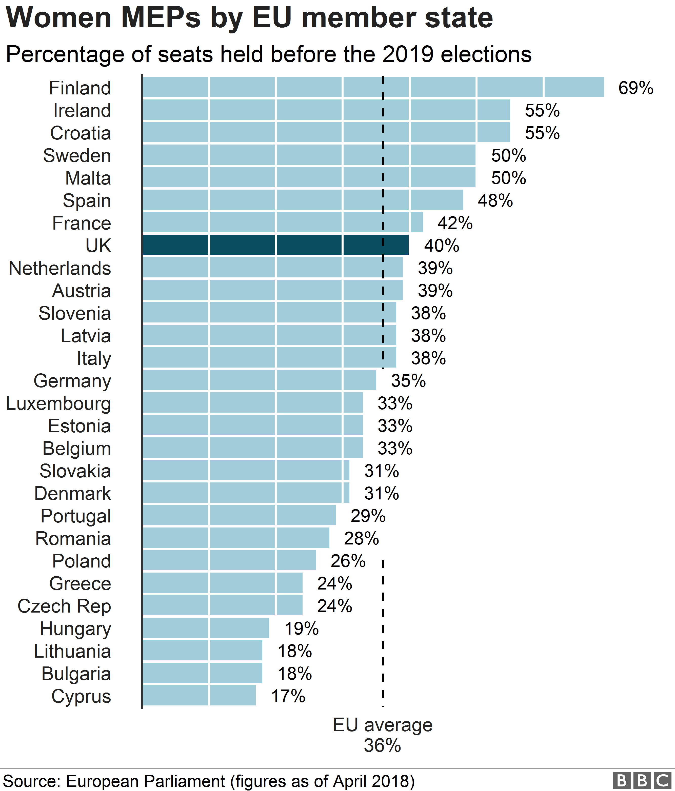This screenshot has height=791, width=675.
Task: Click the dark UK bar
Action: click(x=275, y=245)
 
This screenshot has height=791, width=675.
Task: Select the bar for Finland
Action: click(x=373, y=87)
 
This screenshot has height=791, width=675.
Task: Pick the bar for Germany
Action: click(x=259, y=380)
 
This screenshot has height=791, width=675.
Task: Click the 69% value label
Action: click(x=636, y=88)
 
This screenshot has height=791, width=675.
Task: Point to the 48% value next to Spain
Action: click(x=495, y=201)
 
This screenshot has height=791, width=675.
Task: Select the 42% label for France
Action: click(x=455, y=223)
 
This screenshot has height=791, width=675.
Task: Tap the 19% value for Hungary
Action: click(x=301, y=628)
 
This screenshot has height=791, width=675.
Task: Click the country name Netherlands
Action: click(x=60, y=268)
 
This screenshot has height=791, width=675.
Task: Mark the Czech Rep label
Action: click(x=64, y=606)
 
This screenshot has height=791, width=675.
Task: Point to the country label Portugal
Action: click(x=76, y=516)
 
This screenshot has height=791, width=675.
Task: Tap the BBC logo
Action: click(x=642, y=780)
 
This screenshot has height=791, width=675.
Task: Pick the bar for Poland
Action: click(x=229, y=560)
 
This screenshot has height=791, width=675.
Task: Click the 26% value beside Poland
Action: click(x=348, y=561)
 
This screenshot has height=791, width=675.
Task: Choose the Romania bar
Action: click(x=235, y=538)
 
